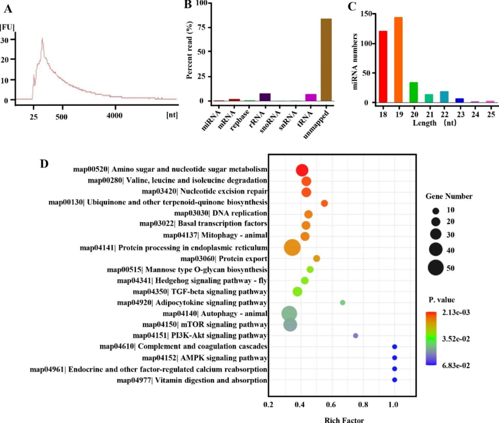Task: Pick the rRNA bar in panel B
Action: [x=265, y=97]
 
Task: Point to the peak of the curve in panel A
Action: [x=42, y=39]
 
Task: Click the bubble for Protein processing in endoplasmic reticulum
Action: [x=292, y=247]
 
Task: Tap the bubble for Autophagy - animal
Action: [x=290, y=313]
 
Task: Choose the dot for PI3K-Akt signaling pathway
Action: [x=355, y=335]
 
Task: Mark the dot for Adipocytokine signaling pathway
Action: [x=343, y=302]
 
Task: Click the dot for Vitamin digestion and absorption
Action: [x=395, y=380]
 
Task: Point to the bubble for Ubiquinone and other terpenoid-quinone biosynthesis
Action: [x=325, y=203]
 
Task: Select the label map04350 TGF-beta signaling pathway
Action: [x=200, y=291]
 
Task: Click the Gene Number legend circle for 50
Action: [x=436, y=268]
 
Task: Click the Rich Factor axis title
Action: [x=344, y=419]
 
